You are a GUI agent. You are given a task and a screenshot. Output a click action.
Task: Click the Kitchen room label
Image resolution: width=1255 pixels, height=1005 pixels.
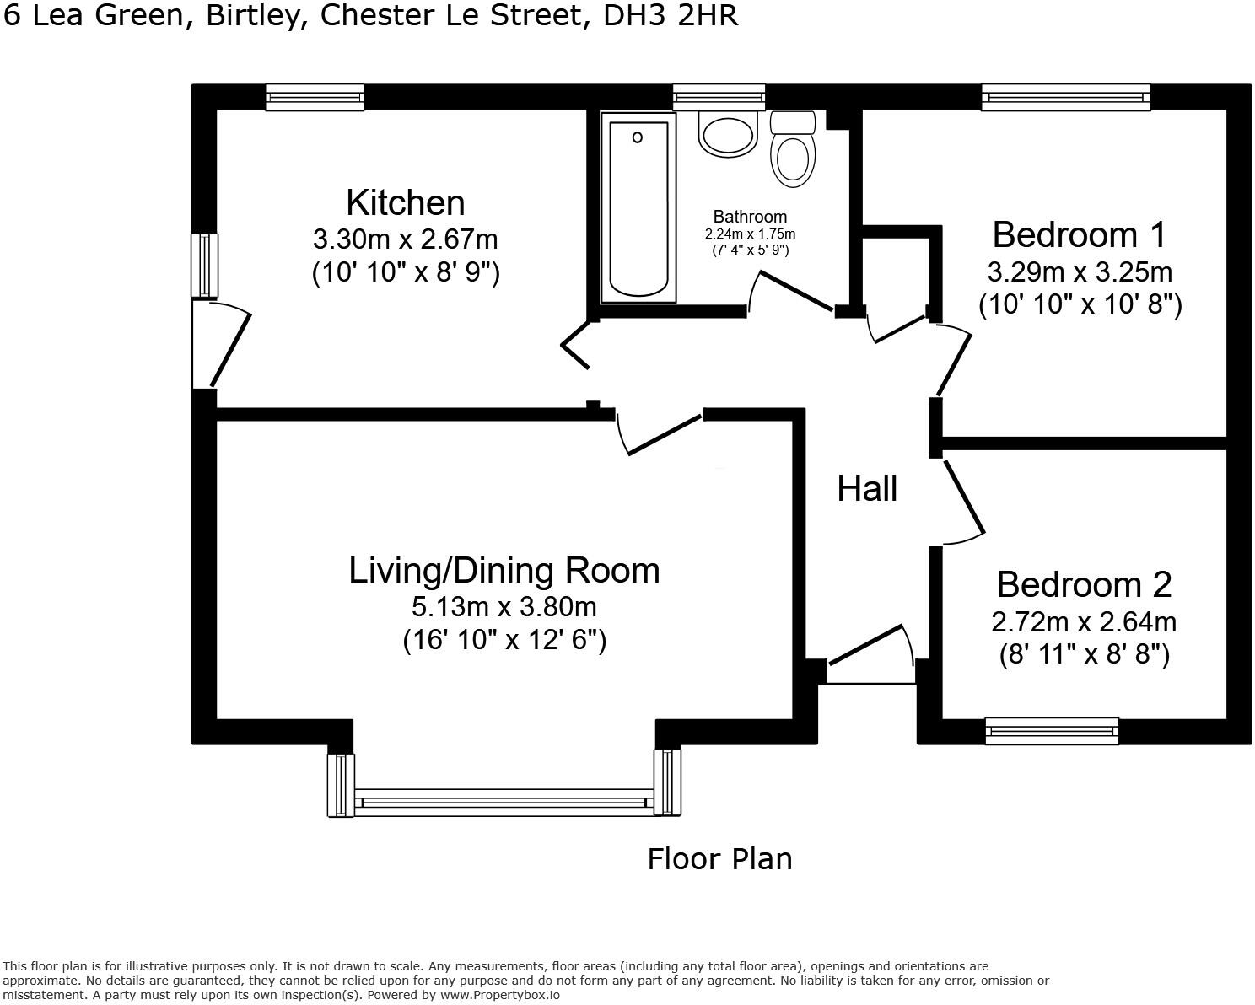[406, 203]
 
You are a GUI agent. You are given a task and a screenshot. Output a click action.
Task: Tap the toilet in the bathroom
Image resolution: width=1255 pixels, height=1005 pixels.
[793, 149]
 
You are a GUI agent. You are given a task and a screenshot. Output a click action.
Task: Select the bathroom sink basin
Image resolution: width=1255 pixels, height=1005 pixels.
[728, 134]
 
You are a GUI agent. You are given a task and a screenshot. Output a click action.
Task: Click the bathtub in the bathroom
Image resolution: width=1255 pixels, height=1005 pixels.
[638, 208]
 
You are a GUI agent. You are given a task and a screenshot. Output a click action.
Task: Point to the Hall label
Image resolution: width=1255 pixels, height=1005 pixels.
[866, 488]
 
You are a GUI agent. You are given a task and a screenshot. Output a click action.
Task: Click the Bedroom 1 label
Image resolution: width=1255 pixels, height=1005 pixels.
[1079, 235]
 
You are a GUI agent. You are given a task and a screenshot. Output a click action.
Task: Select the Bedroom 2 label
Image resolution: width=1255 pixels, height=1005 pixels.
[1084, 584]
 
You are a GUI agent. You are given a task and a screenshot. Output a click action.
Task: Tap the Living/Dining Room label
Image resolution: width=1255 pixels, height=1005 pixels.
[504, 570]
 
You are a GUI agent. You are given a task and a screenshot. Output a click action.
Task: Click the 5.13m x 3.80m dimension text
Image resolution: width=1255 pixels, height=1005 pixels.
[504, 607]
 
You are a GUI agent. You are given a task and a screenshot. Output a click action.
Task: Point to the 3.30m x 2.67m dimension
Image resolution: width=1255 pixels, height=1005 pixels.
[406, 239]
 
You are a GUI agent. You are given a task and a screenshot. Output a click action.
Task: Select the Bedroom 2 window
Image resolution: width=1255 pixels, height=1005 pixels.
[1052, 731]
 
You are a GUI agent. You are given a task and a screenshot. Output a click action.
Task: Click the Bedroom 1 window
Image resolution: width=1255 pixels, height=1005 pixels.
[1065, 97]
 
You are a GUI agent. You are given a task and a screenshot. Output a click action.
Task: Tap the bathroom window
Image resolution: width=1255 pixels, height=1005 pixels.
[719, 97]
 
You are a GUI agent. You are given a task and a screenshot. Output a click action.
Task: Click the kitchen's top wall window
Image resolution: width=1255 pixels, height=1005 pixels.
[315, 97]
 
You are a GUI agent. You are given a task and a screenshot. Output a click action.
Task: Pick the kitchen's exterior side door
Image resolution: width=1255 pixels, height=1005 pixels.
[221, 344]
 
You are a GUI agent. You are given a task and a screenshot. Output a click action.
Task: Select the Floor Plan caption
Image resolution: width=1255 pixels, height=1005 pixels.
[719, 858]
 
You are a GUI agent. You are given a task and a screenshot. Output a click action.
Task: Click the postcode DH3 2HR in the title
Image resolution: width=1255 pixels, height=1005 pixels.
[671, 16]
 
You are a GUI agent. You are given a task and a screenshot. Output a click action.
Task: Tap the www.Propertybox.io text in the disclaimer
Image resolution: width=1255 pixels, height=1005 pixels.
[500, 995]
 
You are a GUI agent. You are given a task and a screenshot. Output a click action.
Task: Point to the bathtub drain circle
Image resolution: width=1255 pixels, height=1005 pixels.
[638, 137]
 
